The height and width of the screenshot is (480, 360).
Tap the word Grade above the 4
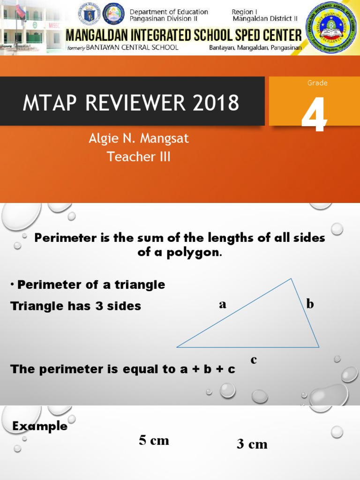(317, 83)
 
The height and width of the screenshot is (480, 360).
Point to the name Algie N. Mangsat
(139, 139)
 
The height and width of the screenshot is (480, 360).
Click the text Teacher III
(139, 157)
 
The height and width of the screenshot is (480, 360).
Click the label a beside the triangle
(223, 305)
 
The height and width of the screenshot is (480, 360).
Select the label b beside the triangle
(310, 304)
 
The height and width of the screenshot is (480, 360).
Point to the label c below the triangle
(254, 360)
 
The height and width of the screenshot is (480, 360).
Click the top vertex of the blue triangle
(292, 279)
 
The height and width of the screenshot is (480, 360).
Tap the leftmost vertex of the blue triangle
(177, 347)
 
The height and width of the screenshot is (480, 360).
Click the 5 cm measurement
(154, 440)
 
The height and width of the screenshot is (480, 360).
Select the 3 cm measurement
(252, 444)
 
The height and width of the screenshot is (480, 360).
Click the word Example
(40, 426)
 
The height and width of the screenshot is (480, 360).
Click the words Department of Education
(169, 12)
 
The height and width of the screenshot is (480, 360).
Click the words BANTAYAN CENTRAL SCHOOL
(132, 47)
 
